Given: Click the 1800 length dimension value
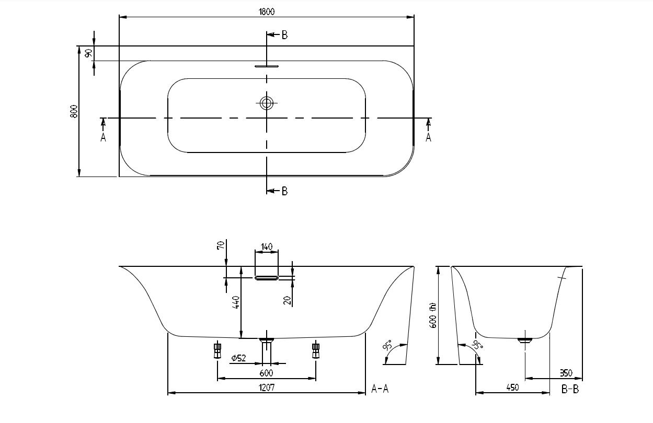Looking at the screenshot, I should point(267,11).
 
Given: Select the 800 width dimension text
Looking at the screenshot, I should point(74,111).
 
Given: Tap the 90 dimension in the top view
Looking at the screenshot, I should point(89,53).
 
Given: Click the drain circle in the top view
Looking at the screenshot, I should point(267,103).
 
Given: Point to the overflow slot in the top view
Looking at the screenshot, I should point(267,66).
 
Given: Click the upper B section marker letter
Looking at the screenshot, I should point(284,35).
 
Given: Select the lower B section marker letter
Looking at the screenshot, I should point(284,191).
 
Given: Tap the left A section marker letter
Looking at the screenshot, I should point(103,138).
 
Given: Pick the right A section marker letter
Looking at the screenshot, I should point(428,138).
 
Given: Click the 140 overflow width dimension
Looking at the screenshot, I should point(266,246).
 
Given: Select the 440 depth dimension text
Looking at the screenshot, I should point(236,302).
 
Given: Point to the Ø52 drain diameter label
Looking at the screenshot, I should point(238,358).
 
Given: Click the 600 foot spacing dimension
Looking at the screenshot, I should point(266,373).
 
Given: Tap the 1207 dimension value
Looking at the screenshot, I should point(266,387).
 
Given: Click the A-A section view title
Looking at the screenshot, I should point(380,389).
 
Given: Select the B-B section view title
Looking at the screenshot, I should point(570,389).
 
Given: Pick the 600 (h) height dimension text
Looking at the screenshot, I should point(432,315).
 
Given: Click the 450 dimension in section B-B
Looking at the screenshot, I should point(512,387).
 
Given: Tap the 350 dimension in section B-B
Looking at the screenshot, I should point(566,373).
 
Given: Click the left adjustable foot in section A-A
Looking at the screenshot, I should point(217,349).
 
